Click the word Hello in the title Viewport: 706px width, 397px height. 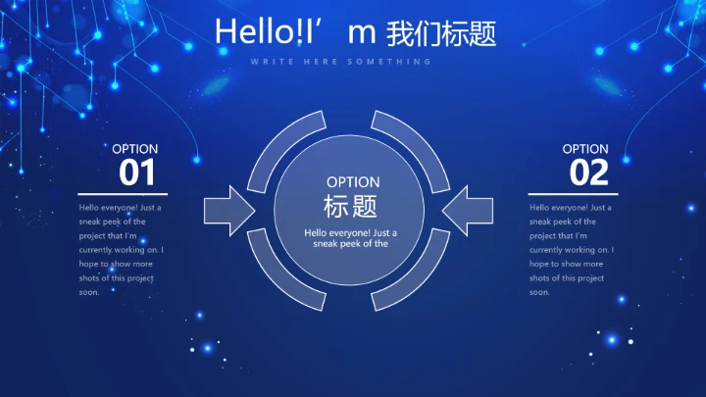[249, 31]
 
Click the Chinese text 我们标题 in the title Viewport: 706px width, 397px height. [441, 32]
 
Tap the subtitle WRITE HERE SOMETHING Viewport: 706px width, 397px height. [340, 61]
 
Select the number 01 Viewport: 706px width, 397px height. [137, 174]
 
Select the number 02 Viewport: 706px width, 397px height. [589, 174]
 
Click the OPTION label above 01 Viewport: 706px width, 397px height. [134, 149]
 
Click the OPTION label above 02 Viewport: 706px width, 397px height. [585, 149]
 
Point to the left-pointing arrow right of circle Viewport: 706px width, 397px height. [468, 210]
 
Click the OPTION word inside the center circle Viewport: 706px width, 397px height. [352, 182]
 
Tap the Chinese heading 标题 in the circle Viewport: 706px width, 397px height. [351, 206]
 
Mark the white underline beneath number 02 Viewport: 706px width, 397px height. [573, 194]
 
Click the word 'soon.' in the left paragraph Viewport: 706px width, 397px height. [89, 292]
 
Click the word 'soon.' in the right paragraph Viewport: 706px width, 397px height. [540, 292]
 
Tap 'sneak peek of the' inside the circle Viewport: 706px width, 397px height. [351, 244]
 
